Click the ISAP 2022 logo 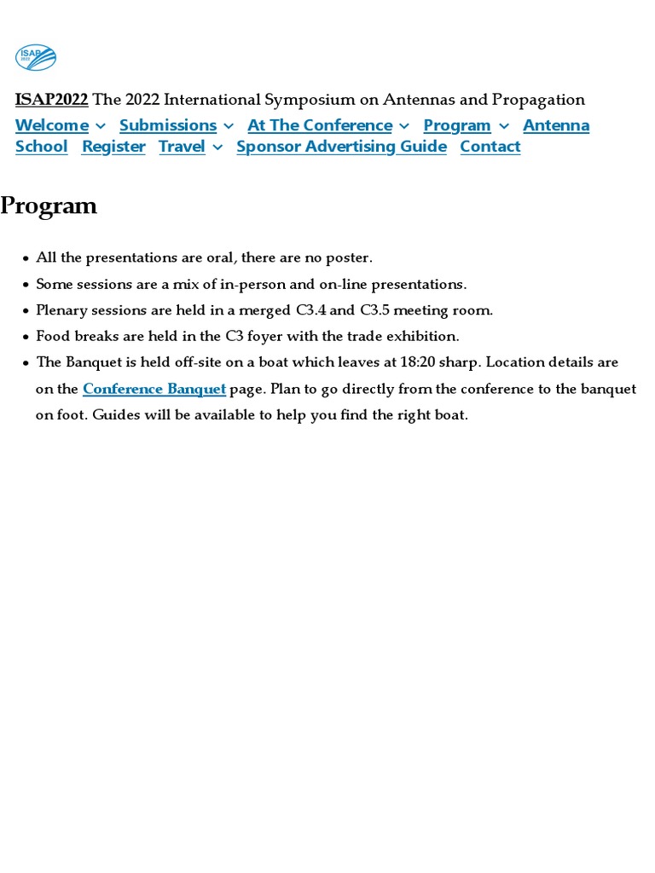coord(35,57)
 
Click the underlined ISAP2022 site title coord(51,100)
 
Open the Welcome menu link coord(52,125)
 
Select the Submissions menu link coord(168,125)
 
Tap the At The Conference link coord(320,125)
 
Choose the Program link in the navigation coord(457,125)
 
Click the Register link coord(113,147)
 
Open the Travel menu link coord(182,147)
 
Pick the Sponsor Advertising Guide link coord(341,147)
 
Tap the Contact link coord(490,147)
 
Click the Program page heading coord(49,206)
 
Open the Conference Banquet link coord(154,389)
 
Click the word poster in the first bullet coord(349,257)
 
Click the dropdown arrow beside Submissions coord(229,126)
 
